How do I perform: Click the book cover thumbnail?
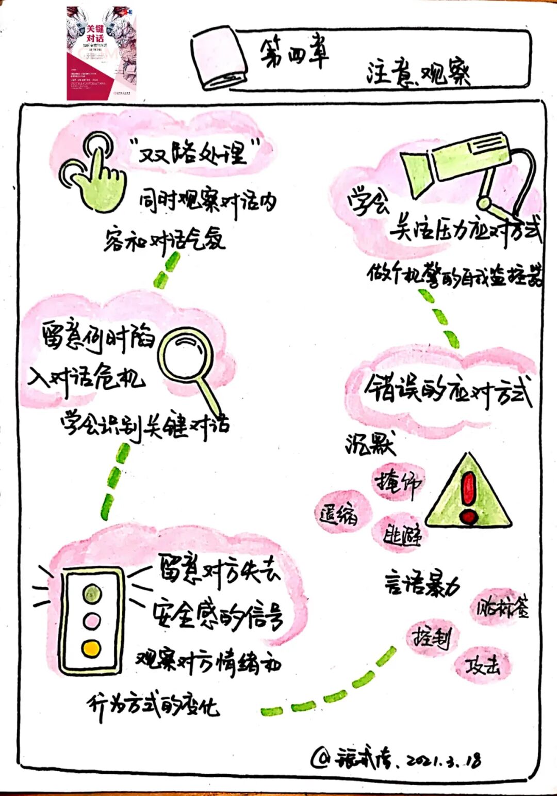click(102, 53)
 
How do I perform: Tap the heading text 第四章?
click(293, 53)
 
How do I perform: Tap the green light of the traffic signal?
click(92, 593)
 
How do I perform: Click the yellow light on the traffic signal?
click(91, 648)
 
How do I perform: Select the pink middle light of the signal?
click(92, 620)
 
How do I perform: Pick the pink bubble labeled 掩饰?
click(398, 483)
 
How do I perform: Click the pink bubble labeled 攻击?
click(482, 666)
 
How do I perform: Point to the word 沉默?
click(370, 443)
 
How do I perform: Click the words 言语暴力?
click(421, 585)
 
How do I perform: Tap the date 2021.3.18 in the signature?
click(445, 760)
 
